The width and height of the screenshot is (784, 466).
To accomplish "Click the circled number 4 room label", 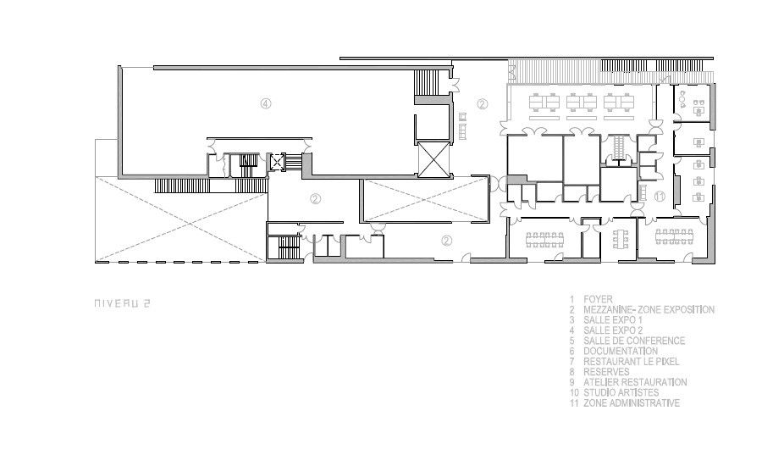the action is coord(266,103).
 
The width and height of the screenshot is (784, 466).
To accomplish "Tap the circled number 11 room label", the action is coord(660,197).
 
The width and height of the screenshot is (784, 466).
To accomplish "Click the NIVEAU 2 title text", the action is coord(123,303).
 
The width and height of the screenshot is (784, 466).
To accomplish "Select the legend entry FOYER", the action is coord(598,299).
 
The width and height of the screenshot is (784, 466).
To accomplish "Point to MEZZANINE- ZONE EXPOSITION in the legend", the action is coord(649,310).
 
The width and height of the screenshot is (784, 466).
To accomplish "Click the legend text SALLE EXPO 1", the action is coord(612,319).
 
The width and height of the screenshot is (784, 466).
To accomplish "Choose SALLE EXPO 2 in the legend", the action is coord(612,330).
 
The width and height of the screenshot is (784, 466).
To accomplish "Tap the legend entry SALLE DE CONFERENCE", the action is coord(634,341).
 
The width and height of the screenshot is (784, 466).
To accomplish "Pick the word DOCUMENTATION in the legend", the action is coord(620,352).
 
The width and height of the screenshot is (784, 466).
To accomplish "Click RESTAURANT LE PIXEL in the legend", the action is coord(631,362).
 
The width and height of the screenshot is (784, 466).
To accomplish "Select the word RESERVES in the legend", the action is coord(606,372).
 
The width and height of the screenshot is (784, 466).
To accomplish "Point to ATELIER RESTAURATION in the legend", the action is coord(635,382).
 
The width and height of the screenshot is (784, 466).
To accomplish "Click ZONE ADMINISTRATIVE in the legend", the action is coord(631,403).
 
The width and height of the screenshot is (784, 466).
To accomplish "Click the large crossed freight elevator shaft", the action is coord(433,159).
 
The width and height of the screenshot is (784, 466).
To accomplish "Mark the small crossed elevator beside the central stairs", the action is coord(277,162).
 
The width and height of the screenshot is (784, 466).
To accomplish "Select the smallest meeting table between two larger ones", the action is coord(621,239).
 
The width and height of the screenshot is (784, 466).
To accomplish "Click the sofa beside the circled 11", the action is coord(643,192).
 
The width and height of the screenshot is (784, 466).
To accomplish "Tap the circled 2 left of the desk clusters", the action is coord(482,104).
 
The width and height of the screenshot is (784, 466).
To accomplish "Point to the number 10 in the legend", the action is coord(574,393).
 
